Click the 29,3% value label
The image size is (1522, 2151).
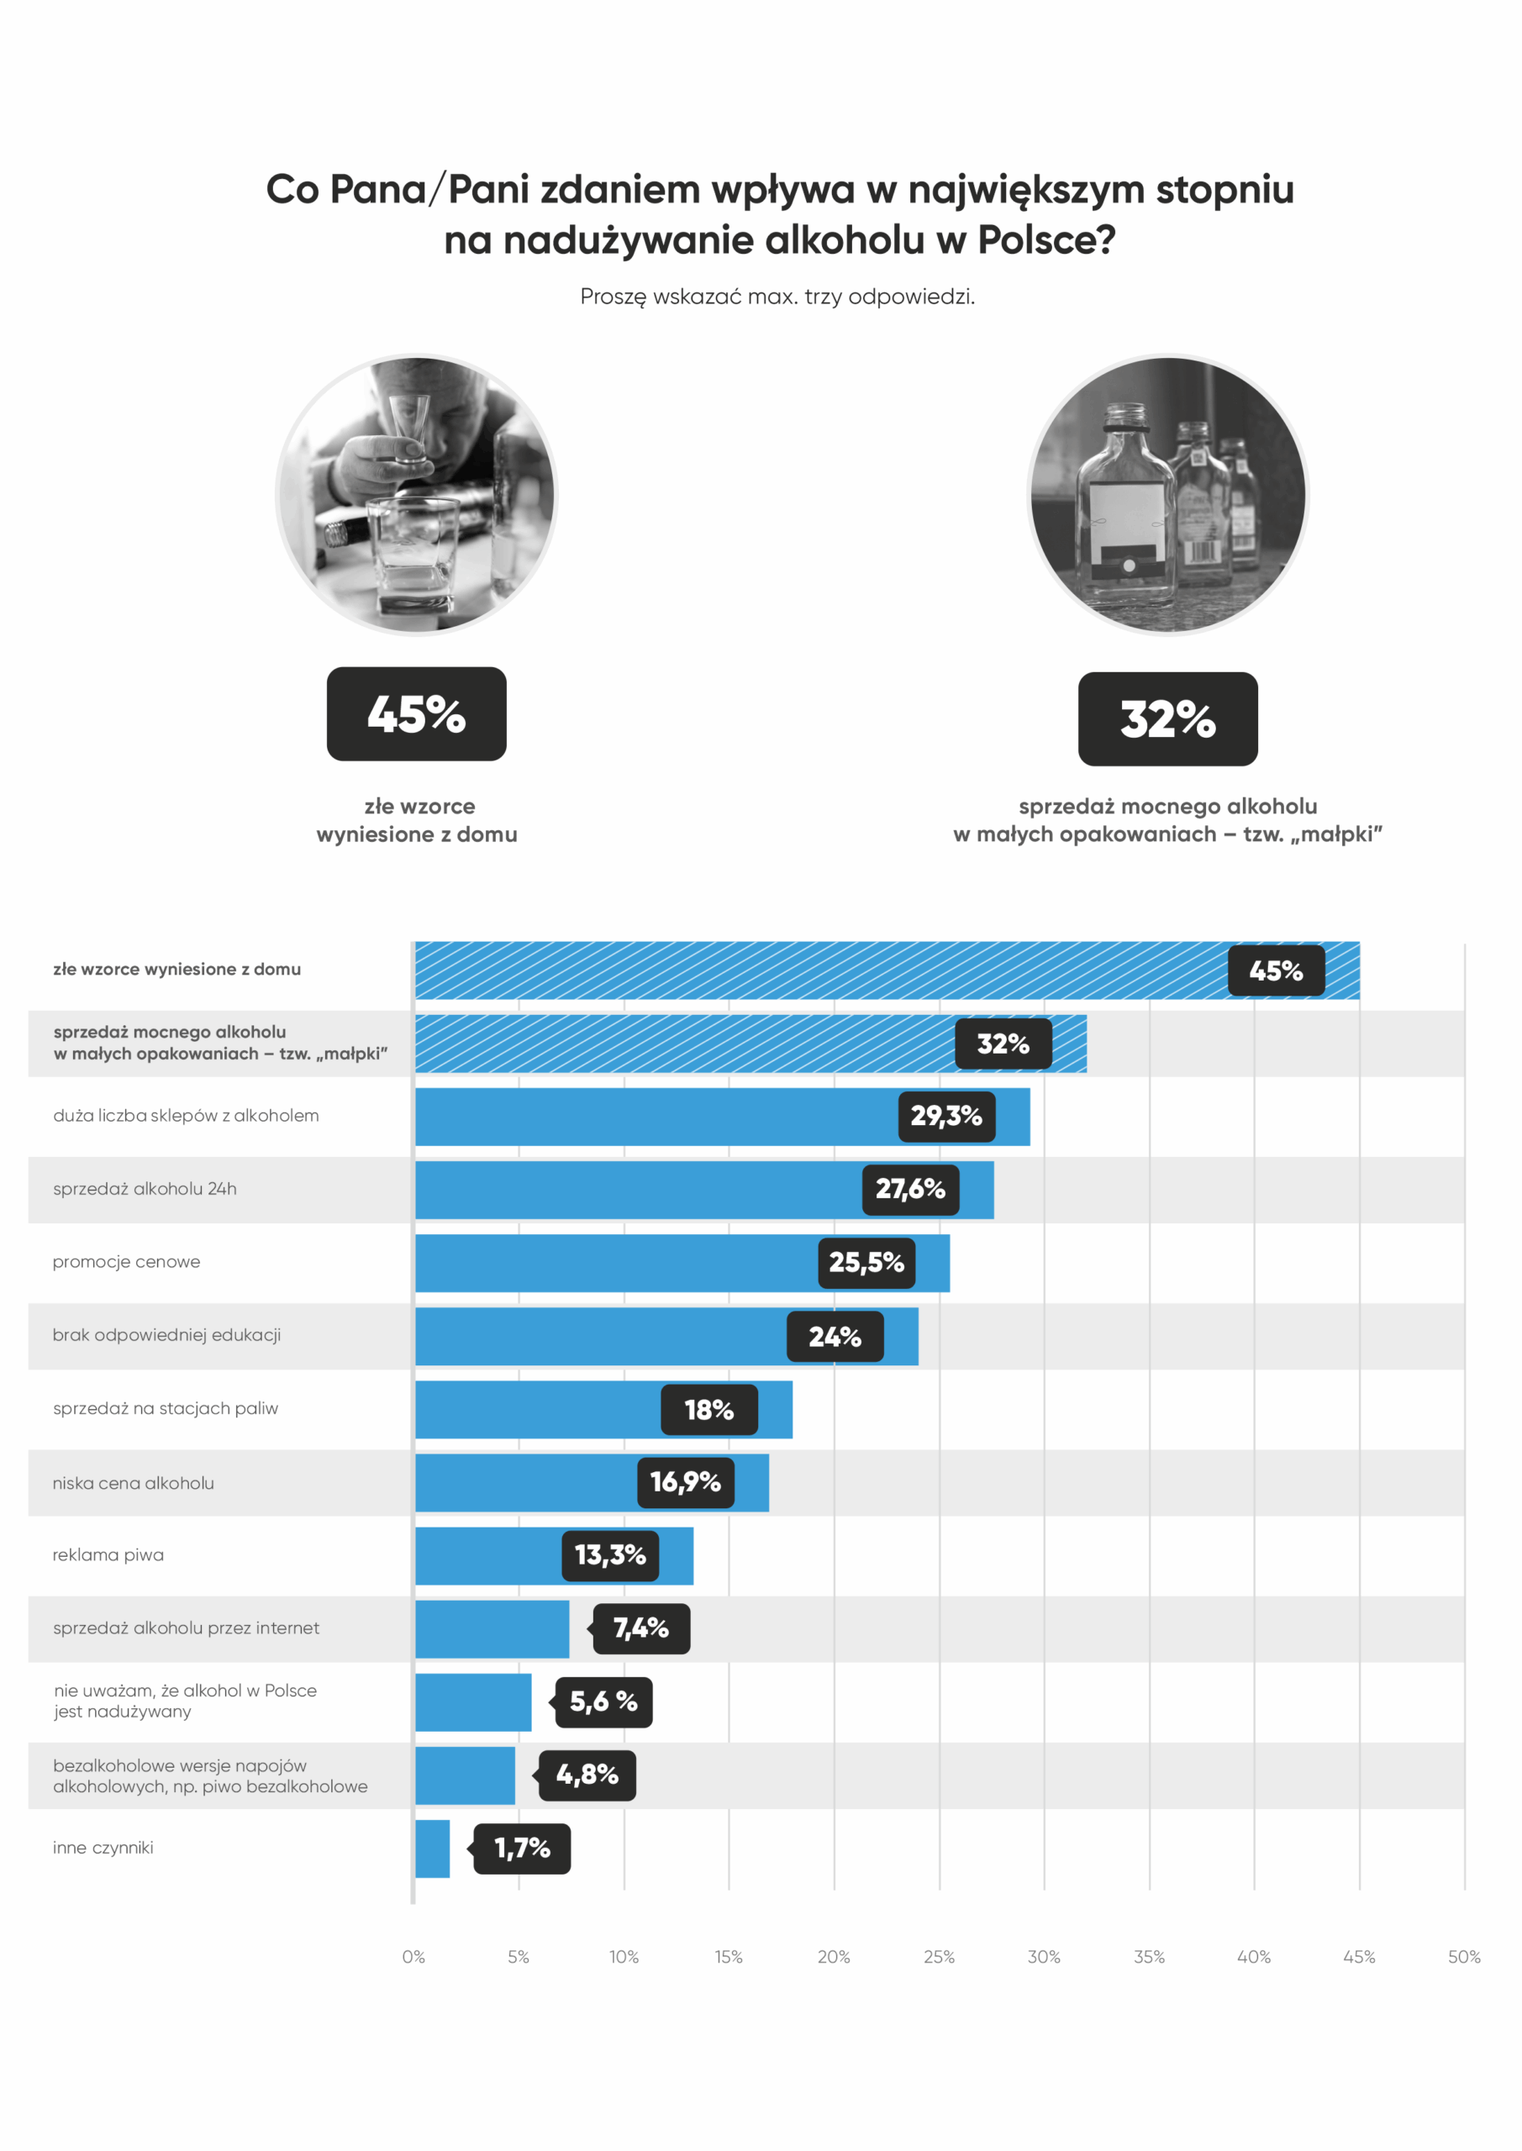[946, 1116]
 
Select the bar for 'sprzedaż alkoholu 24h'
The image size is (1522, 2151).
[637, 1190]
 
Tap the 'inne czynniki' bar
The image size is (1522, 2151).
[432, 1849]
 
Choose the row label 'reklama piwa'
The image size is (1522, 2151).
[108, 1555]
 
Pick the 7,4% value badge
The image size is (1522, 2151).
[642, 1628]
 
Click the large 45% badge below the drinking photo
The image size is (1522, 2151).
[416, 714]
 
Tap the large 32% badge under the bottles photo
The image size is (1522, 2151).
[1167, 718]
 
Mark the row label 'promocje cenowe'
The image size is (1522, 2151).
[127, 1262]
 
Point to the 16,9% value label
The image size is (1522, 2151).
[686, 1482]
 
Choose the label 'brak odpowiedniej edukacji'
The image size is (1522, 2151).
[166, 1335]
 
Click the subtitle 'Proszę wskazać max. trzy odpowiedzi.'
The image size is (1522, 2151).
[777, 297]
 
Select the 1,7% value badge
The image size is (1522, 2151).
[522, 1849]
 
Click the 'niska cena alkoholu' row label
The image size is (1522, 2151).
[133, 1483]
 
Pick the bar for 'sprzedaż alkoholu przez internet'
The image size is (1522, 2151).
[492, 1628]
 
